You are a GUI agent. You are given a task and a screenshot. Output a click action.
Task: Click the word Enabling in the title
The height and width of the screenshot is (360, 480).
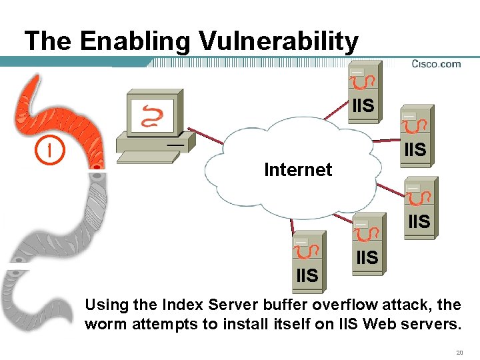tap(136, 42)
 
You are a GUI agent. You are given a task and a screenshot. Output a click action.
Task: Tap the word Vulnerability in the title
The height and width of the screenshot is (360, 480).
tap(279, 42)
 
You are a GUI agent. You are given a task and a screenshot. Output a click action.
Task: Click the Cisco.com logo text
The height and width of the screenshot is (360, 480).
tap(436, 64)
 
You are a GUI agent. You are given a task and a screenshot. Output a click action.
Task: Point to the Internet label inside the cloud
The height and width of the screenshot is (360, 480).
tap(298, 170)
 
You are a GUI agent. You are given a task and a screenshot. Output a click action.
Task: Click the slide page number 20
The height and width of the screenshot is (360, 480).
tap(459, 351)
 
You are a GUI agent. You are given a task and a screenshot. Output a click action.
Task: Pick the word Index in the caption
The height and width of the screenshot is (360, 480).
tap(183, 305)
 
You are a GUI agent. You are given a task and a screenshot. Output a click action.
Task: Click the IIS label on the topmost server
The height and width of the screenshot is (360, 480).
tap(363, 106)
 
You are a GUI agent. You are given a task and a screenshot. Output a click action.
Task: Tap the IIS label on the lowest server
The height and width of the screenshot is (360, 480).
tap(307, 275)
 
